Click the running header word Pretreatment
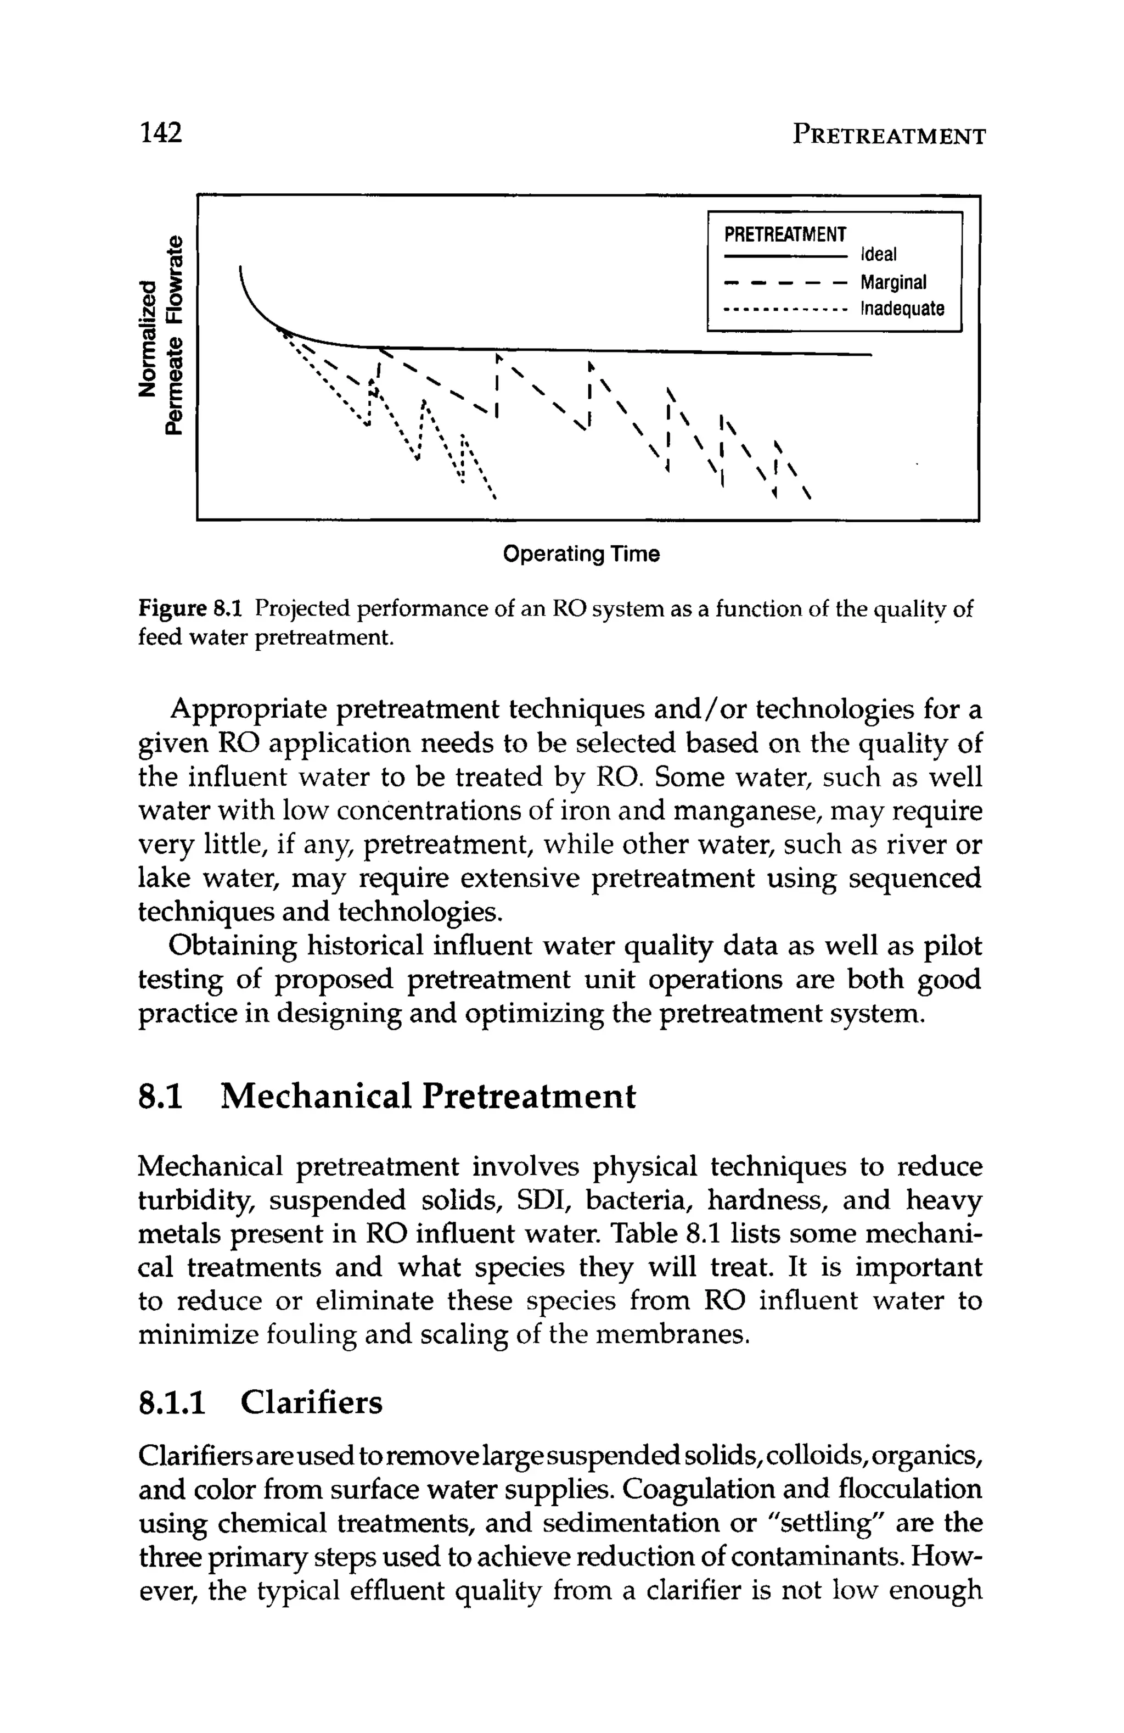click(888, 136)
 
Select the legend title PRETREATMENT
click(785, 234)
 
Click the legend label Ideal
click(879, 254)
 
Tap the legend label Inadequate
click(902, 309)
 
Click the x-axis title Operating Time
click(581, 554)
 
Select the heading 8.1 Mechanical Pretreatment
click(386, 1097)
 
